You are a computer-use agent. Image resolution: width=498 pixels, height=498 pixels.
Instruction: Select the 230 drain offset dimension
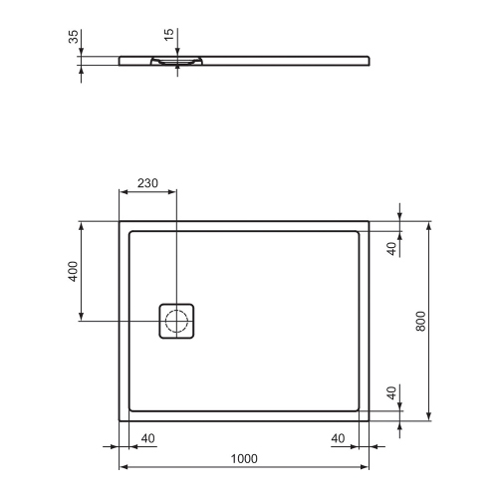tap(147, 184)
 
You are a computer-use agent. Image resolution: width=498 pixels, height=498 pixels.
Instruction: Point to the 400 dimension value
tap(73, 272)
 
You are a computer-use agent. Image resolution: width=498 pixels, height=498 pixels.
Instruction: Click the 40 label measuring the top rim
tap(392, 247)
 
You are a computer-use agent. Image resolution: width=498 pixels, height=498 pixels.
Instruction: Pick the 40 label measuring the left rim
tap(147, 438)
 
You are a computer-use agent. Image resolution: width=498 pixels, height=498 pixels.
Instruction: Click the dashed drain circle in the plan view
tap(176, 321)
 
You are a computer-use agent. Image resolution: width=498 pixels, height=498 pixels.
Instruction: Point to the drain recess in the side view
tap(176, 61)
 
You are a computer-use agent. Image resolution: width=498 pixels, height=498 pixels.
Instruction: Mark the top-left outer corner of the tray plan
tap(120, 221)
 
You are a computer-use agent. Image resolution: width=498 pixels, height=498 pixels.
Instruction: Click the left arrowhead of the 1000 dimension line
tap(124, 466)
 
